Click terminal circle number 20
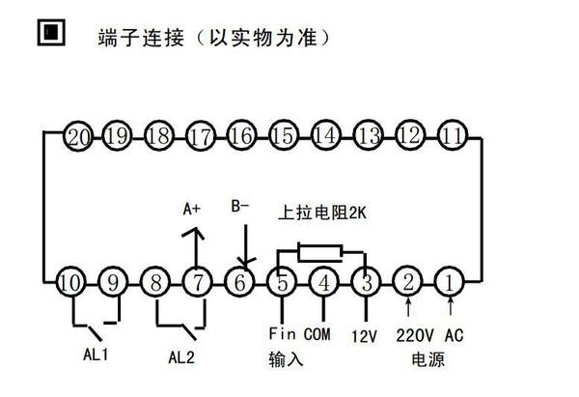tap(78, 136)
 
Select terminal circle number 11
tap(451, 135)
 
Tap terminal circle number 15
tap(284, 135)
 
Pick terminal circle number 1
tap(451, 283)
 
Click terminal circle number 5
tap(281, 283)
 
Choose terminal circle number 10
tap(69, 283)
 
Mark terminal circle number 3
tap(367, 283)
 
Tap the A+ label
tap(193, 208)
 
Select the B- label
tap(241, 206)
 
